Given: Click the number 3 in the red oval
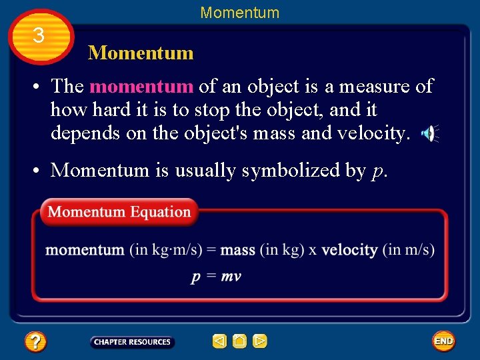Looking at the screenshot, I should click(x=39, y=35).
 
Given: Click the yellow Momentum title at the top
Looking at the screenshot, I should click(x=240, y=13).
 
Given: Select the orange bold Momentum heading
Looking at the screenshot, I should click(x=141, y=53).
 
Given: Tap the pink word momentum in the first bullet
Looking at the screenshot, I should click(x=141, y=86).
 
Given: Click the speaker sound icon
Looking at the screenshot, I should click(x=429, y=134).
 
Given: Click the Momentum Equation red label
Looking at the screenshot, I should click(x=119, y=212).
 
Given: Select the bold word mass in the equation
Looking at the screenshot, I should click(x=238, y=251).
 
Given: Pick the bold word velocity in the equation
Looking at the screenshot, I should click(x=350, y=251).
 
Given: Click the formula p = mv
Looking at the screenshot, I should click(x=216, y=277).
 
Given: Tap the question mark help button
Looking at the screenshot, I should click(x=35, y=342).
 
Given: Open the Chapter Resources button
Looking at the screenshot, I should click(x=132, y=342).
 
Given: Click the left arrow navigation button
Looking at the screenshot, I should click(x=219, y=342).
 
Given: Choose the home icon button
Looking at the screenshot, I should click(x=239, y=342).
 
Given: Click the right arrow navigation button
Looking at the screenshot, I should click(x=260, y=342).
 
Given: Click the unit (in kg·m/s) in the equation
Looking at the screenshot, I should click(x=165, y=251).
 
